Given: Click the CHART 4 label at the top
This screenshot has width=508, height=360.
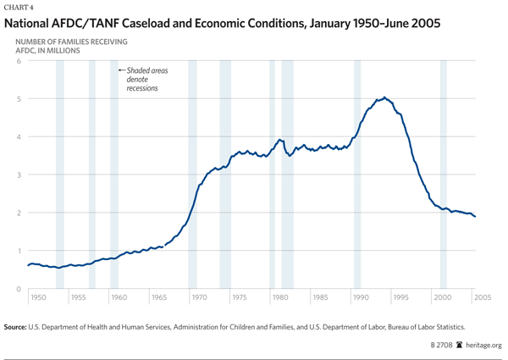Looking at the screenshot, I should click(x=23, y=8).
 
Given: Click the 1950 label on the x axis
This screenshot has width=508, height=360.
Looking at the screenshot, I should click(x=38, y=298).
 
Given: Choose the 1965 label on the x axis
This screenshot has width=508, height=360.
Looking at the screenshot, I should click(x=158, y=298).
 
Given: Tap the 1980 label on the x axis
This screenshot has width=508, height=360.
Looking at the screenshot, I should click(x=279, y=298).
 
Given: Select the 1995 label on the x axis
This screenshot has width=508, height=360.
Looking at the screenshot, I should click(x=400, y=298).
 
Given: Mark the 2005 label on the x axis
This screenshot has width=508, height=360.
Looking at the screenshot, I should click(x=481, y=298).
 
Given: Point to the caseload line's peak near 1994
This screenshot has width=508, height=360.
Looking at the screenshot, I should click(x=385, y=97).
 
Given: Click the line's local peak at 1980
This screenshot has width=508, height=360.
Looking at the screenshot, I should click(x=279, y=140).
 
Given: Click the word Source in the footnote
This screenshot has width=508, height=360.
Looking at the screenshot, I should click(x=18, y=326).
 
